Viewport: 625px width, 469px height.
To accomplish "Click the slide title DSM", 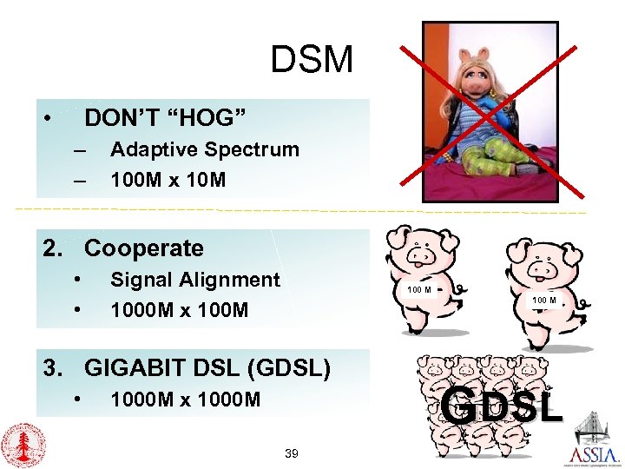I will coord(312,61).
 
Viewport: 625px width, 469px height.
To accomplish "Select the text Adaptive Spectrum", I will coord(204,149).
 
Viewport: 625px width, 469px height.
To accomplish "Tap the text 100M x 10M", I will coord(168,180).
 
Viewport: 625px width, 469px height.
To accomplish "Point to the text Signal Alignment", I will coord(195,280).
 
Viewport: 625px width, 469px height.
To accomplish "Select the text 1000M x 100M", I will coord(179,310).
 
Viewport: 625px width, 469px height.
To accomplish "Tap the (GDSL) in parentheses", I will coord(289,368).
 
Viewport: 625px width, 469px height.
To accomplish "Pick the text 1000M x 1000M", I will coord(185,400).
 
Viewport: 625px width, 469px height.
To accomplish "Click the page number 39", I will coord(292,453).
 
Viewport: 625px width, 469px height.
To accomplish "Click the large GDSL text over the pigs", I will coord(502,406).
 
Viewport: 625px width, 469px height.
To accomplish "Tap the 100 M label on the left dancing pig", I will coord(420,289).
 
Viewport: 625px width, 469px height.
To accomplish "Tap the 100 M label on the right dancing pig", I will coord(544,301).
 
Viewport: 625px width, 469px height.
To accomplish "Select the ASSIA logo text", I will coord(595,455).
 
